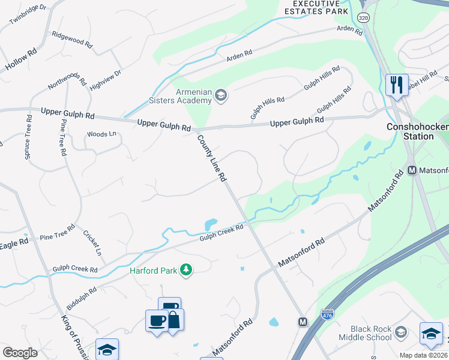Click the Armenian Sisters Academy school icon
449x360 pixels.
221,95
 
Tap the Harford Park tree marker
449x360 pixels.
187,271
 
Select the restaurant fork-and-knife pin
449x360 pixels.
396,85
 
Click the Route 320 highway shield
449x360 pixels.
363,18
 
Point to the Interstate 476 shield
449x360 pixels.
327,313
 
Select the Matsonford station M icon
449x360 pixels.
412,170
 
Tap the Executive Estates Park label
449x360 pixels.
316,7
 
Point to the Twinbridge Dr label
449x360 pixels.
28,15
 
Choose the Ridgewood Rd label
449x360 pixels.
72,40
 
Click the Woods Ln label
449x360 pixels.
101,134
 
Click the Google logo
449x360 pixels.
20,352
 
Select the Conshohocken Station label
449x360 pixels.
410,131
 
